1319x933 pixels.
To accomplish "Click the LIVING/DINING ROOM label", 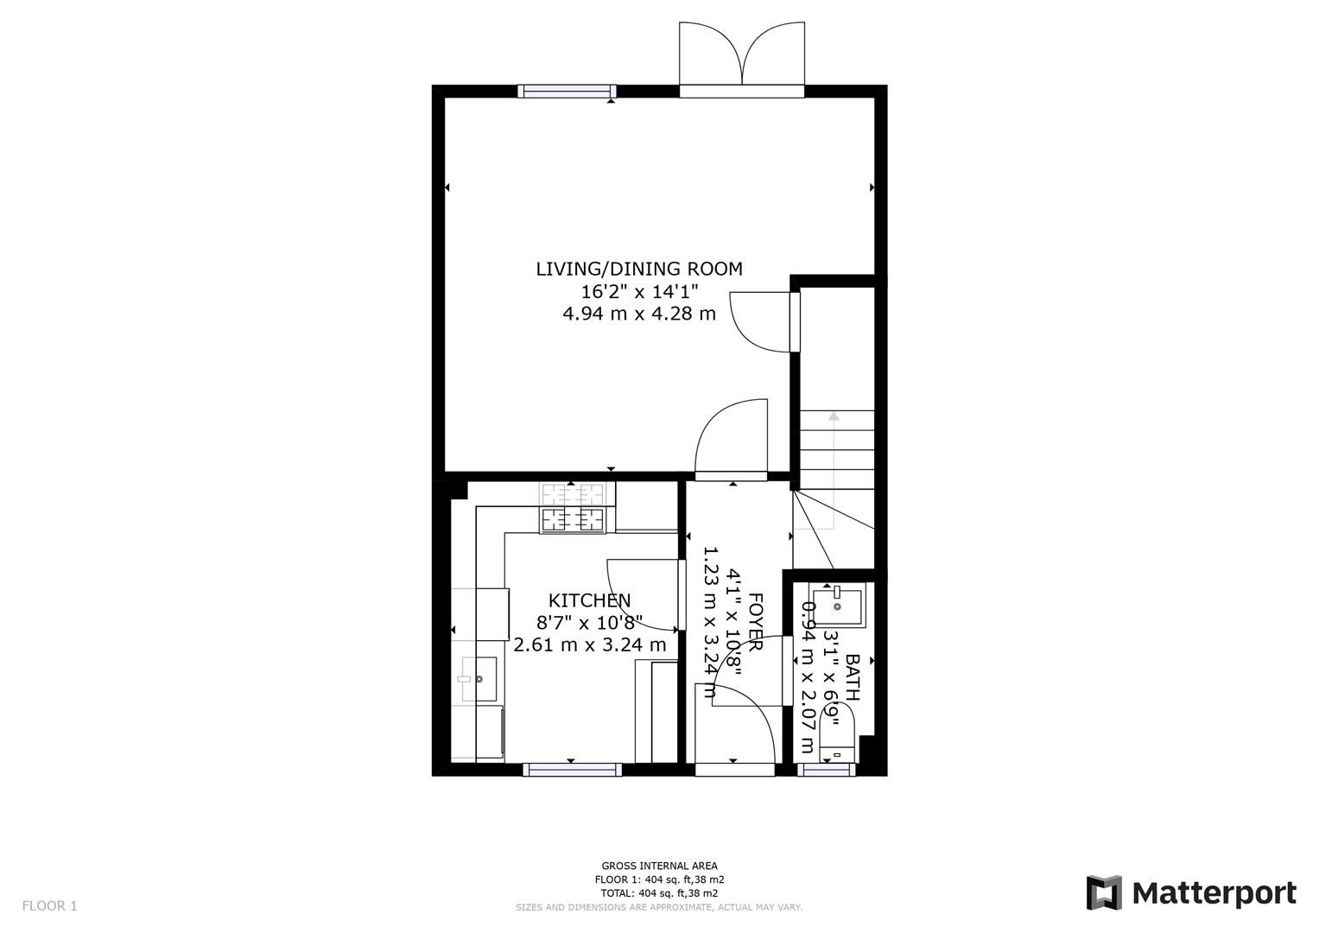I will [x=639, y=269].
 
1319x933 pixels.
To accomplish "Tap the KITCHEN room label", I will [x=590, y=600].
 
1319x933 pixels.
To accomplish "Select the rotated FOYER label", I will [x=755, y=622].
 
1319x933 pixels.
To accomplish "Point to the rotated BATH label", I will [x=852, y=676].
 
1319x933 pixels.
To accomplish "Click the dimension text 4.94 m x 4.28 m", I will [x=639, y=314].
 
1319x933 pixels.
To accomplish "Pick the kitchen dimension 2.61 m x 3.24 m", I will [x=590, y=644].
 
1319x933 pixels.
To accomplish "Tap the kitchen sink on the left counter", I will [x=478, y=679].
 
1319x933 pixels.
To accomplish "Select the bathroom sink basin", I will [x=837, y=606].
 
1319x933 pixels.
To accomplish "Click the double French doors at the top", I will [x=742, y=54].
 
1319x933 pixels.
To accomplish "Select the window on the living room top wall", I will [x=567, y=91].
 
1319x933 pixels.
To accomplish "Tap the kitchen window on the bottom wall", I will [x=573, y=769].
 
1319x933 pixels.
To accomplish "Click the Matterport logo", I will [x=1191, y=892].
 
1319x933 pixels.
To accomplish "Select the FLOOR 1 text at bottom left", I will [x=49, y=906].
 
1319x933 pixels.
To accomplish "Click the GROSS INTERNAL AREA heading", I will [x=659, y=866].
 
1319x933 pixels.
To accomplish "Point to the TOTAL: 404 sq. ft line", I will [x=659, y=893].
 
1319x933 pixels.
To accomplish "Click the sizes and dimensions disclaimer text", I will [x=659, y=907].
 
